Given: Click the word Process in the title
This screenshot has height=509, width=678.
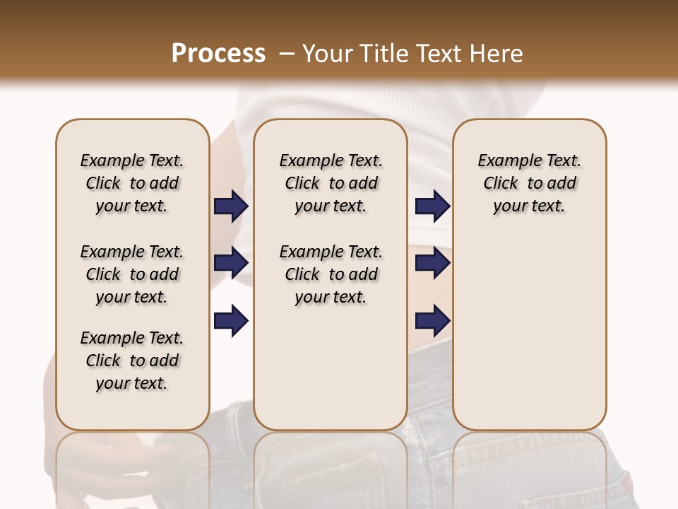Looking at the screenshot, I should pyautogui.click(x=218, y=53).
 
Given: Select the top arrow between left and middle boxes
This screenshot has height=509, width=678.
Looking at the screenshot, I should pyautogui.click(x=231, y=206).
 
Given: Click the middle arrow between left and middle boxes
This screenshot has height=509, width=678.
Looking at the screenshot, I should pyautogui.click(x=231, y=263).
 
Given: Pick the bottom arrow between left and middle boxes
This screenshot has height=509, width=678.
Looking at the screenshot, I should pyautogui.click(x=231, y=320).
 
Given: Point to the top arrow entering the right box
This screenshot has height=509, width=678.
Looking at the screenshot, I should pyautogui.click(x=432, y=206).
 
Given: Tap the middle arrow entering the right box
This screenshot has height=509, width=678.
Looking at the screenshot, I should pyautogui.click(x=432, y=263).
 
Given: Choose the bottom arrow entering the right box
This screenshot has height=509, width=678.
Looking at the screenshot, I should pyautogui.click(x=432, y=320).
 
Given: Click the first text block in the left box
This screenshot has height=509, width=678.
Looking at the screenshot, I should pyautogui.click(x=132, y=183).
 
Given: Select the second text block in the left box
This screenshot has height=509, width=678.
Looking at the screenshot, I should pyautogui.click(x=132, y=274).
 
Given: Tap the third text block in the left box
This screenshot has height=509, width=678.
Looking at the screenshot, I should pyautogui.click(x=132, y=361).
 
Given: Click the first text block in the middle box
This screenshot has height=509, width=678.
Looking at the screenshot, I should pyautogui.click(x=331, y=183).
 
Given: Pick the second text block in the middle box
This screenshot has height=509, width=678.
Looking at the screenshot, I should pyautogui.click(x=331, y=274).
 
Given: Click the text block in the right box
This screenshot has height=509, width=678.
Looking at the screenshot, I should pyautogui.click(x=529, y=183).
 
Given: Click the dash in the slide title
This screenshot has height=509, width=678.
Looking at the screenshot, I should pyautogui.click(x=287, y=53).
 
